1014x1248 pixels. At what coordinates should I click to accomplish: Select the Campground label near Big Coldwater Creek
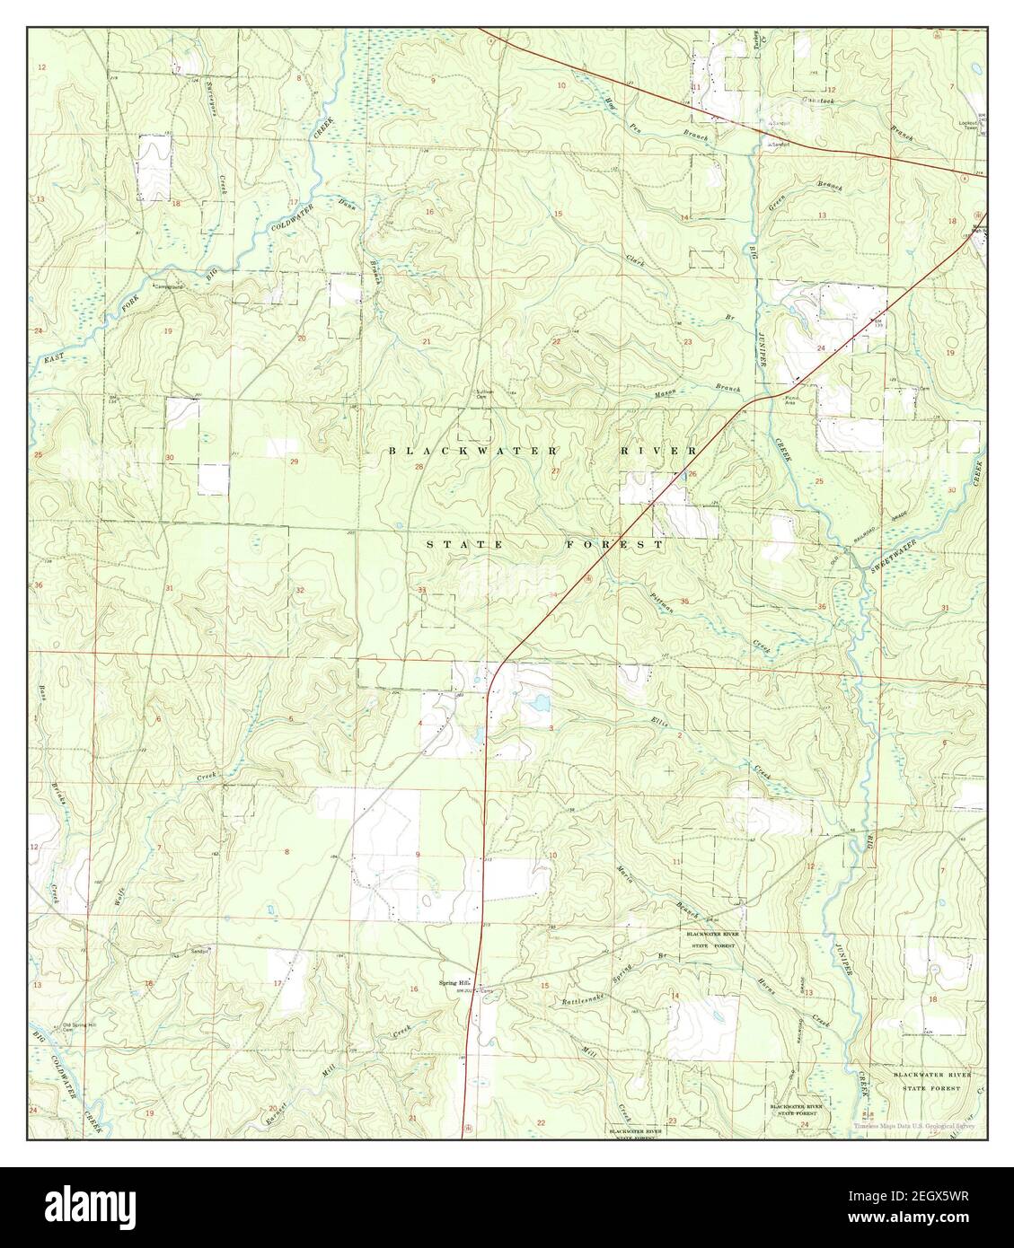167,287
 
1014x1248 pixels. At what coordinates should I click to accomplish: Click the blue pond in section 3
541,702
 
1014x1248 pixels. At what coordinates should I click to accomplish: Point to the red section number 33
422,589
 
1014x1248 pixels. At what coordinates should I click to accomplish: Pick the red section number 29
294,461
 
